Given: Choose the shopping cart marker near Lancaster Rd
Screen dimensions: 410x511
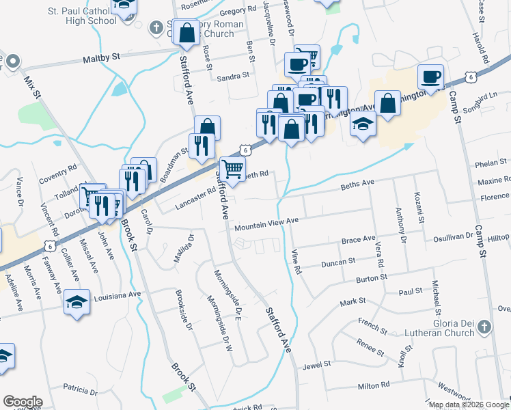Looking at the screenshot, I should (233, 168).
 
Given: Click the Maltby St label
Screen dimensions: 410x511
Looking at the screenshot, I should (101, 59).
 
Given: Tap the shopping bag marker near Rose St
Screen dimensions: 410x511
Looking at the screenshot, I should (186, 33).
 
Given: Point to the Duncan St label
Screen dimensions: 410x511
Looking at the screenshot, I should (339, 262).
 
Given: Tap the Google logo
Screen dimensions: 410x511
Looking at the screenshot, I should (23, 402).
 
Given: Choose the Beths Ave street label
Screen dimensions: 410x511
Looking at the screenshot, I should (358, 184).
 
